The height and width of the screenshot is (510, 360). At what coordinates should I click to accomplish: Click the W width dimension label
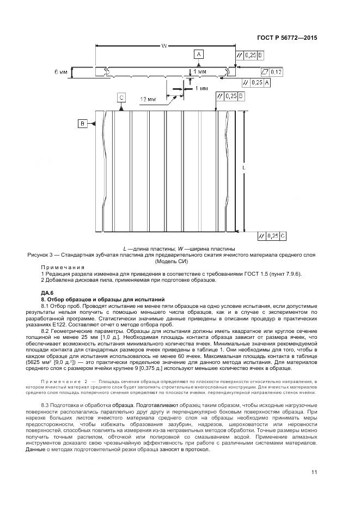pyautogui.click(x=164, y=47)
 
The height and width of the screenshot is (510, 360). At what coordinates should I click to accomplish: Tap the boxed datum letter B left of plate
pyautogui.click(x=83, y=124)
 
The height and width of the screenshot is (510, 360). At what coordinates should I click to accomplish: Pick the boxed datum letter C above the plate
pyautogui.click(x=121, y=97)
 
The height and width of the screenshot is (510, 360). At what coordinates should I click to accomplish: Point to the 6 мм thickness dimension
pyautogui.click(x=61, y=72)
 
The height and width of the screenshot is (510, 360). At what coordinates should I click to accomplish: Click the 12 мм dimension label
pyautogui.click(x=148, y=99)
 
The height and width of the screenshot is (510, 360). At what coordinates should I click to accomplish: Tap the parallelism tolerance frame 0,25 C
pyautogui.click(x=272, y=235)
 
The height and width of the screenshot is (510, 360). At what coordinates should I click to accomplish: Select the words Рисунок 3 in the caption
pyautogui.click(x=41, y=254)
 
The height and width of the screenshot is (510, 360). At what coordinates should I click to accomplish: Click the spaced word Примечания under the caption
pyautogui.click(x=63, y=267)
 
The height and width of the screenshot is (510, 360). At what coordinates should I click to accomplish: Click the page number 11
pyautogui.click(x=314, y=472)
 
